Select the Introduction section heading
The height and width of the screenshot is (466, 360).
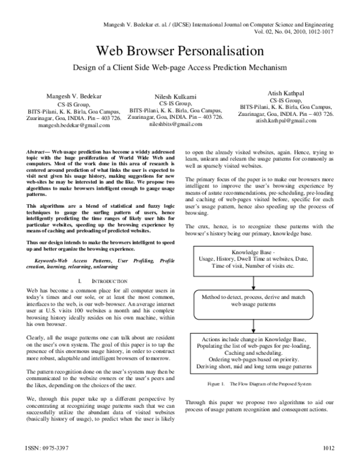tap(106, 281)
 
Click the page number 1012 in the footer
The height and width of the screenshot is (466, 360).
tap(328, 447)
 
